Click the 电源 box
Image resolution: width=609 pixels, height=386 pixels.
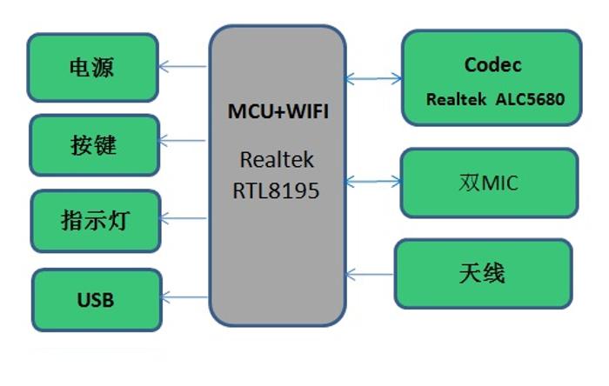93,67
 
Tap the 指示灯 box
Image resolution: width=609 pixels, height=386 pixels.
96,221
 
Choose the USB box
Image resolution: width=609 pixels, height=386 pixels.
97,301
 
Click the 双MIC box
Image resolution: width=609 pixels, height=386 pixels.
489,183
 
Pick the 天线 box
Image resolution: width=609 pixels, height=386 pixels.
484,274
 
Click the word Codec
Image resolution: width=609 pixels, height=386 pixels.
492,65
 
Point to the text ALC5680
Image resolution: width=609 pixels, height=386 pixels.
530,99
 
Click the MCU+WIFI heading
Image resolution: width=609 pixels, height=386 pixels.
278,111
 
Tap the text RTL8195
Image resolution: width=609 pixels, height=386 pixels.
276,190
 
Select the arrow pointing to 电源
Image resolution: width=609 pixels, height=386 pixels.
184,66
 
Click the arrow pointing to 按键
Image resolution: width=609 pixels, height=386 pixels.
184,141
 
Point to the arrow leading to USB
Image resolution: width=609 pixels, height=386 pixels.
185,298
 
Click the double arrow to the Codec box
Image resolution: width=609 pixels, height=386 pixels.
374,79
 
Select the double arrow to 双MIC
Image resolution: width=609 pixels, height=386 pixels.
373,182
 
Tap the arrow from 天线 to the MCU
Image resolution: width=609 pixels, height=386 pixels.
370,275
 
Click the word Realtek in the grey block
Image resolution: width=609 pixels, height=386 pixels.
277,161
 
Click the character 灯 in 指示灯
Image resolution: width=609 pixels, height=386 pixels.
120,221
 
